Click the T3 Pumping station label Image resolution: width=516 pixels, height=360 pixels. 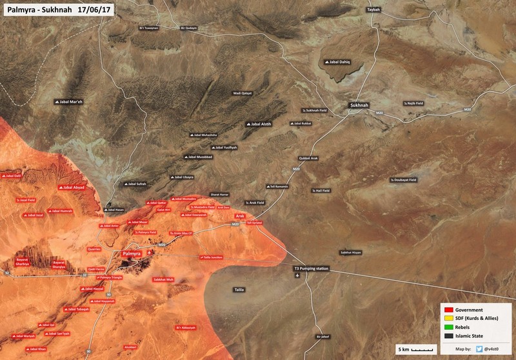pos(312,268)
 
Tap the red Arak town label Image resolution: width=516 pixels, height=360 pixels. pos(240,215)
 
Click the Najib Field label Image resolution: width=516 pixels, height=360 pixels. pos(413,103)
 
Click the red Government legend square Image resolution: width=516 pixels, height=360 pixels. pos(446,309)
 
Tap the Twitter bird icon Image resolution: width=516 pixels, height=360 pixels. pos(479,349)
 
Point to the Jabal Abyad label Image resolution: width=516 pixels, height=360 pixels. pos(72,188)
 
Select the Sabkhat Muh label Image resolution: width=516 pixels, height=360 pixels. pos(163,279)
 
